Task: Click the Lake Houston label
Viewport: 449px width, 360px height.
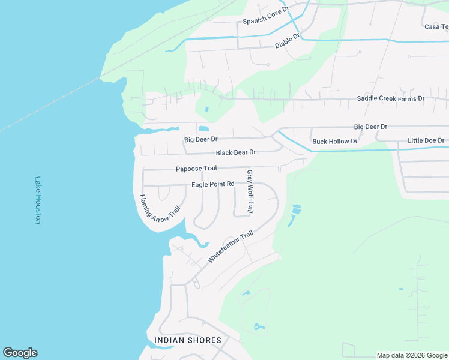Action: click(37, 200)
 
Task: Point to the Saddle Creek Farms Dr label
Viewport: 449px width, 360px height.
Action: click(390, 98)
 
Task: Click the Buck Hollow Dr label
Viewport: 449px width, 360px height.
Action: click(334, 142)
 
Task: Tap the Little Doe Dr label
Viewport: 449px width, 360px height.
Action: click(426, 140)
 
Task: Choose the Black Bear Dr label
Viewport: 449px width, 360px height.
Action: click(236, 152)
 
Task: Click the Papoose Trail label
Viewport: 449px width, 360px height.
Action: click(196, 169)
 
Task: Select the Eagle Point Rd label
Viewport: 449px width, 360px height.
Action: click(212, 184)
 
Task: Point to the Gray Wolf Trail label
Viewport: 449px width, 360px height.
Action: click(250, 192)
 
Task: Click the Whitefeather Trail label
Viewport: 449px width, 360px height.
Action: click(230, 247)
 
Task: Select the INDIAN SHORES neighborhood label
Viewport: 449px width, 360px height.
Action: click(188, 340)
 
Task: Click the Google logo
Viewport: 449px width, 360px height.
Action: click(20, 353)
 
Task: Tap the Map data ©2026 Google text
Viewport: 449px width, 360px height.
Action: click(411, 355)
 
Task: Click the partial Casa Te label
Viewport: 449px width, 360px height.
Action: click(436, 26)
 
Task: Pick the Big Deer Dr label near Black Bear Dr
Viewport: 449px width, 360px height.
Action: click(200, 140)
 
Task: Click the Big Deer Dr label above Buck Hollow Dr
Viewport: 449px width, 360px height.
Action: click(370, 127)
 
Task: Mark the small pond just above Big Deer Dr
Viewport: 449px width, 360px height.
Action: click(203, 128)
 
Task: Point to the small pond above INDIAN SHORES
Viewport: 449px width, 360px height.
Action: click(258, 327)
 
